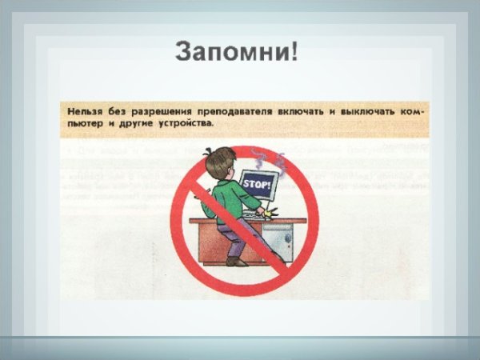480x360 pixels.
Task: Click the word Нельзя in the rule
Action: (86, 111)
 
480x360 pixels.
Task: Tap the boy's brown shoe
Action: (234, 260)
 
